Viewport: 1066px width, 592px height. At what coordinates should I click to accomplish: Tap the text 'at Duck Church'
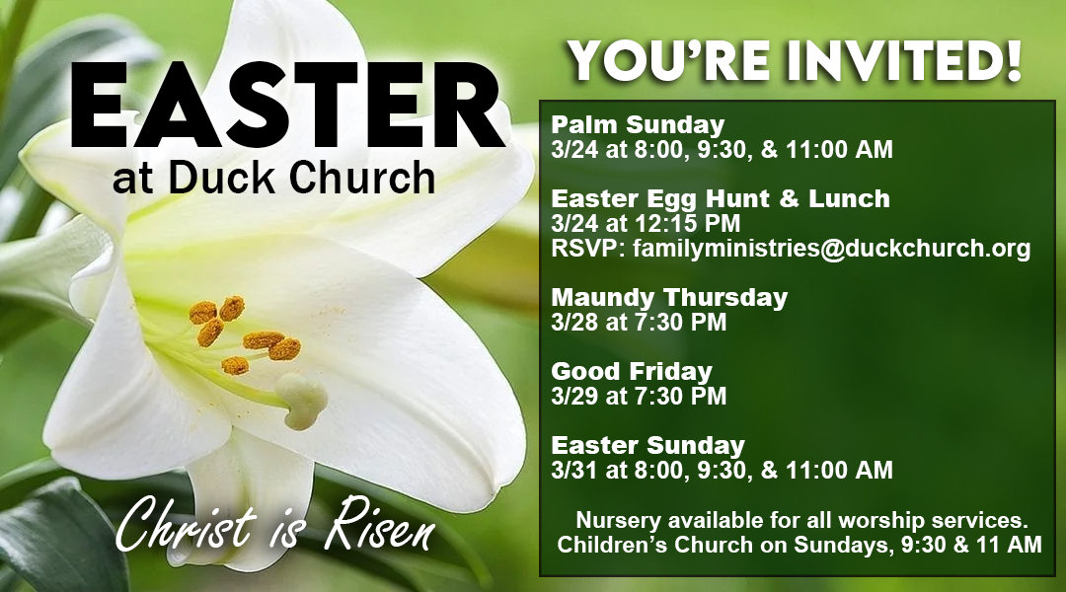point(273,179)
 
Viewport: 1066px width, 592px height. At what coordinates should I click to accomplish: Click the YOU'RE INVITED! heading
point(795,61)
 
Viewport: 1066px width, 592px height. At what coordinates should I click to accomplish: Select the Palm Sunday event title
point(638,125)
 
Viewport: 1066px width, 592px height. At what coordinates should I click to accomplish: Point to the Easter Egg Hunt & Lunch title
point(721,199)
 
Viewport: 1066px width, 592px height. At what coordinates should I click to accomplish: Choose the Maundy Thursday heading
point(669,297)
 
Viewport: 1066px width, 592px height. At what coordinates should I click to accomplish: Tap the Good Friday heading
point(632,372)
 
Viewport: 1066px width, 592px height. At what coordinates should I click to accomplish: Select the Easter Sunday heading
point(647,445)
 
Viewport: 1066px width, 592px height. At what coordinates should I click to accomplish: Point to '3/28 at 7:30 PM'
point(639,322)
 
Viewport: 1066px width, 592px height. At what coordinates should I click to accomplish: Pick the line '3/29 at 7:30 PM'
point(639,397)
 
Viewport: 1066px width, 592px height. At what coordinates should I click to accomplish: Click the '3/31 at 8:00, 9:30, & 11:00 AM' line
point(722,470)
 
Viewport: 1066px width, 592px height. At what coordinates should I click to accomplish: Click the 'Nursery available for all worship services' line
point(800,520)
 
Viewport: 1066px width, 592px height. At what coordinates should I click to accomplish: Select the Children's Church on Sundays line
point(800,545)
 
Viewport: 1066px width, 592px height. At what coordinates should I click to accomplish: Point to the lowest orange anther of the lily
point(235,366)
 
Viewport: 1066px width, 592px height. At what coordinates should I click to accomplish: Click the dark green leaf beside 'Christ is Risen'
point(49,538)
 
